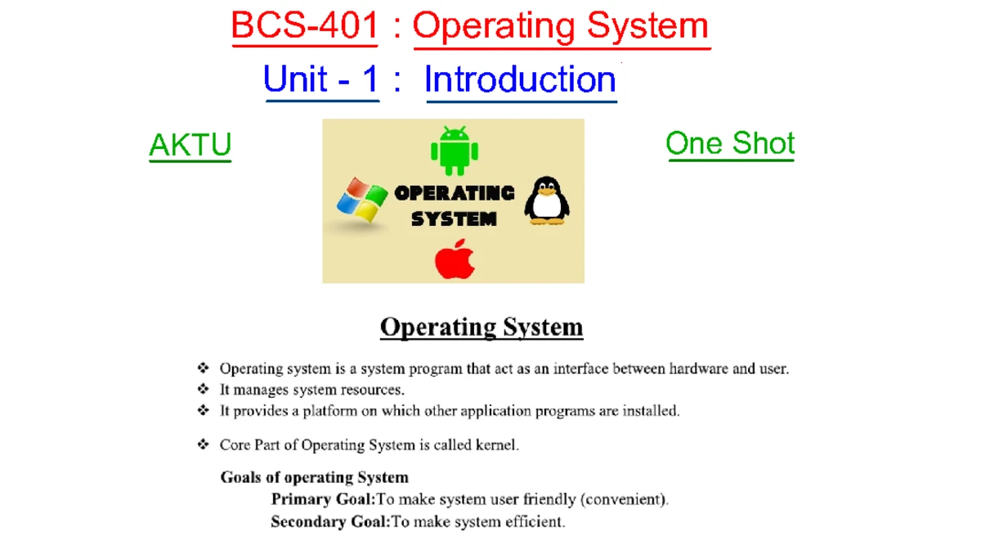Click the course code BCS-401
point(304,25)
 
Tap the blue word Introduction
point(520,79)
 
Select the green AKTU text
point(190,144)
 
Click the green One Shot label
point(730,143)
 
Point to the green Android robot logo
point(455,151)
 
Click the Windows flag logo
point(362,200)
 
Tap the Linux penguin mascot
point(547,201)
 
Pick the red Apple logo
point(455,259)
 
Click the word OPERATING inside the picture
point(455,193)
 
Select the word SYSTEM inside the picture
point(455,219)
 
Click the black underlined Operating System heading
point(482,327)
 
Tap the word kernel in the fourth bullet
point(497,445)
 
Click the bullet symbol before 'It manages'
point(204,389)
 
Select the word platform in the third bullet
point(329,411)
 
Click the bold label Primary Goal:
point(323,499)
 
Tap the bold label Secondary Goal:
point(330,521)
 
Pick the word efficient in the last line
point(535,521)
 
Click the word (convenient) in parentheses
point(625,499)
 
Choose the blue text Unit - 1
point(321,79)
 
